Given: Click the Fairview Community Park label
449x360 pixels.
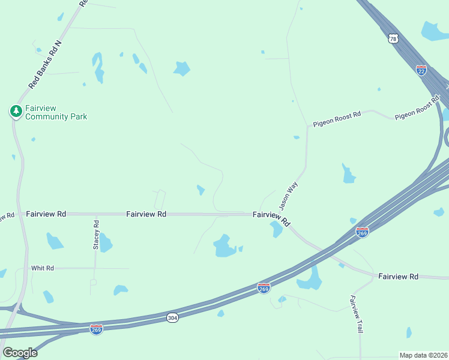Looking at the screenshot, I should [55, 112].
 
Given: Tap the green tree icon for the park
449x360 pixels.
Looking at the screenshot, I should [16, 111].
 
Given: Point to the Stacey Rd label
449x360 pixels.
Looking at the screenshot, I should [96, 235].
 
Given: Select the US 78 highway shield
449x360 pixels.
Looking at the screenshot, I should [393, 38].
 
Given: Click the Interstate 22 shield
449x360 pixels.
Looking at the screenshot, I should [421, 70].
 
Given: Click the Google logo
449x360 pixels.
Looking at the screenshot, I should [19, 353].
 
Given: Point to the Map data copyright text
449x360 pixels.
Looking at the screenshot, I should [424, 355].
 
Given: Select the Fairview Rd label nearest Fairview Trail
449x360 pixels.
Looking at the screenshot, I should [398, 277].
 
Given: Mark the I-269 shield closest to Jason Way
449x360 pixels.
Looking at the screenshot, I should [362, 232].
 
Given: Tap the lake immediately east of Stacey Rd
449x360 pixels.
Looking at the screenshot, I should [106, 243].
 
